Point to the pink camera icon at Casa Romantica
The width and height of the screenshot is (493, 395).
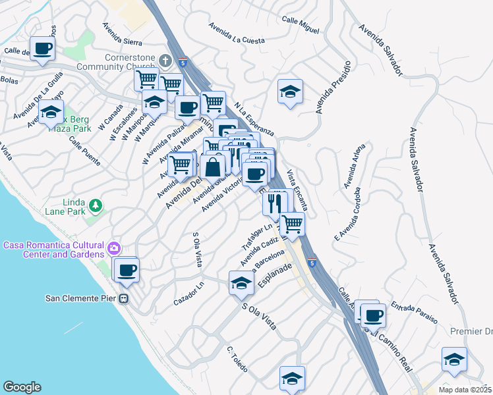point(115,249)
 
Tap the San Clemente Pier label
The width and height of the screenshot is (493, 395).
point(81,298)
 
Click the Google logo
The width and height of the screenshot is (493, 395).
point(22,387)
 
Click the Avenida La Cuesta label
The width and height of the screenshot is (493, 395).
point(237,34)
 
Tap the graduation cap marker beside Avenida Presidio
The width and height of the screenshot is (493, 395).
point(289,92)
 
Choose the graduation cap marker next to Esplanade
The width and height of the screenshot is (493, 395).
point(241,283)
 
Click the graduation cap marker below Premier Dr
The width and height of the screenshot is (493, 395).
point(454,359)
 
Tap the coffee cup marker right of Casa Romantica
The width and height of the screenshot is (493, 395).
point(127,269)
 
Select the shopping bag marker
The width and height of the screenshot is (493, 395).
point(214,167)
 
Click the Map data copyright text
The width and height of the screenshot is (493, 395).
point(465,389)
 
